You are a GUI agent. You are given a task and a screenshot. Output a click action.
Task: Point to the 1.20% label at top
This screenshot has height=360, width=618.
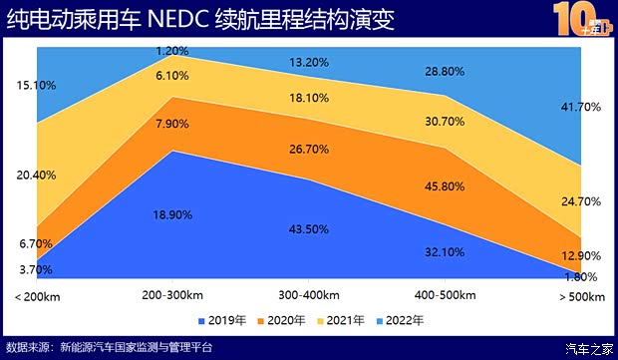172,50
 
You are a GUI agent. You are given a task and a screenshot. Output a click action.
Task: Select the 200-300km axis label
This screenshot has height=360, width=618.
172,297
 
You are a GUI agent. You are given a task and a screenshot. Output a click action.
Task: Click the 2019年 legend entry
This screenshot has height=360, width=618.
226,321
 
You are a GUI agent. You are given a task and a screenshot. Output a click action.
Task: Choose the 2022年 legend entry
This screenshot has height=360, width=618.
401,321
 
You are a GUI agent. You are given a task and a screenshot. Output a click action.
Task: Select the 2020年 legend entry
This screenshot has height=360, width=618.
284,321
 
